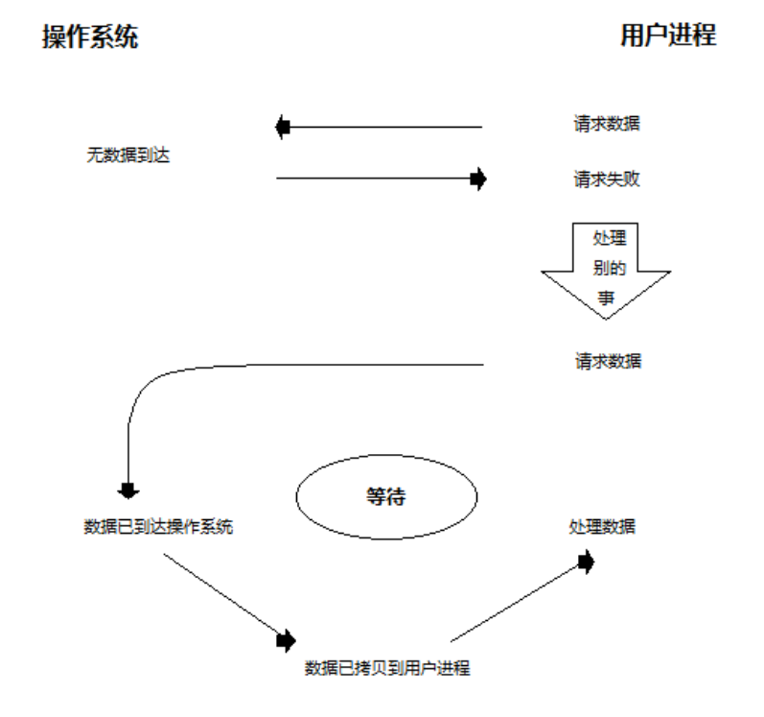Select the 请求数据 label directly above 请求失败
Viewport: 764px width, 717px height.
[607, 126]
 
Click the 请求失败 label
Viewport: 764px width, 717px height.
[607, 179]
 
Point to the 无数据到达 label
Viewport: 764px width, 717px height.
[127, 155]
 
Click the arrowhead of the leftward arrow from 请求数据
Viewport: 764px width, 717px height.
[283, 126]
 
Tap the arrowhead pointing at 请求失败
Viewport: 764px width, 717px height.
[478, 179]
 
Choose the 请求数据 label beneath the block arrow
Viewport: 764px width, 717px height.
[608, 362]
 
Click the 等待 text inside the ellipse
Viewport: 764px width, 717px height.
[386, 497]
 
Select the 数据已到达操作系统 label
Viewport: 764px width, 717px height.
[158, 527]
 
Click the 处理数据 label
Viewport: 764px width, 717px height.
[601, 527]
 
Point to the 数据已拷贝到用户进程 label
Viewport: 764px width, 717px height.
[387, 668]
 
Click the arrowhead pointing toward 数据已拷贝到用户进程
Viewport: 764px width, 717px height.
[286, 639]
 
